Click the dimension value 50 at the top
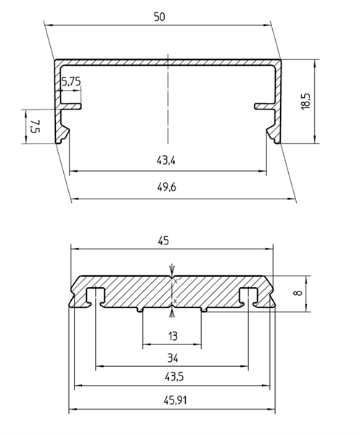tap(159, 17)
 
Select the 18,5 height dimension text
tap(306, 101)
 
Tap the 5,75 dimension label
tap(71, 82)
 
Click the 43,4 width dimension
tap(166, 161)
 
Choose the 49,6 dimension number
tap(167, 188)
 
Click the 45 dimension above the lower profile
tap(163, 241)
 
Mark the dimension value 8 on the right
tap(299, 292)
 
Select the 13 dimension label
tap(173, 336)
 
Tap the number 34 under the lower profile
tap(173, 358)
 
